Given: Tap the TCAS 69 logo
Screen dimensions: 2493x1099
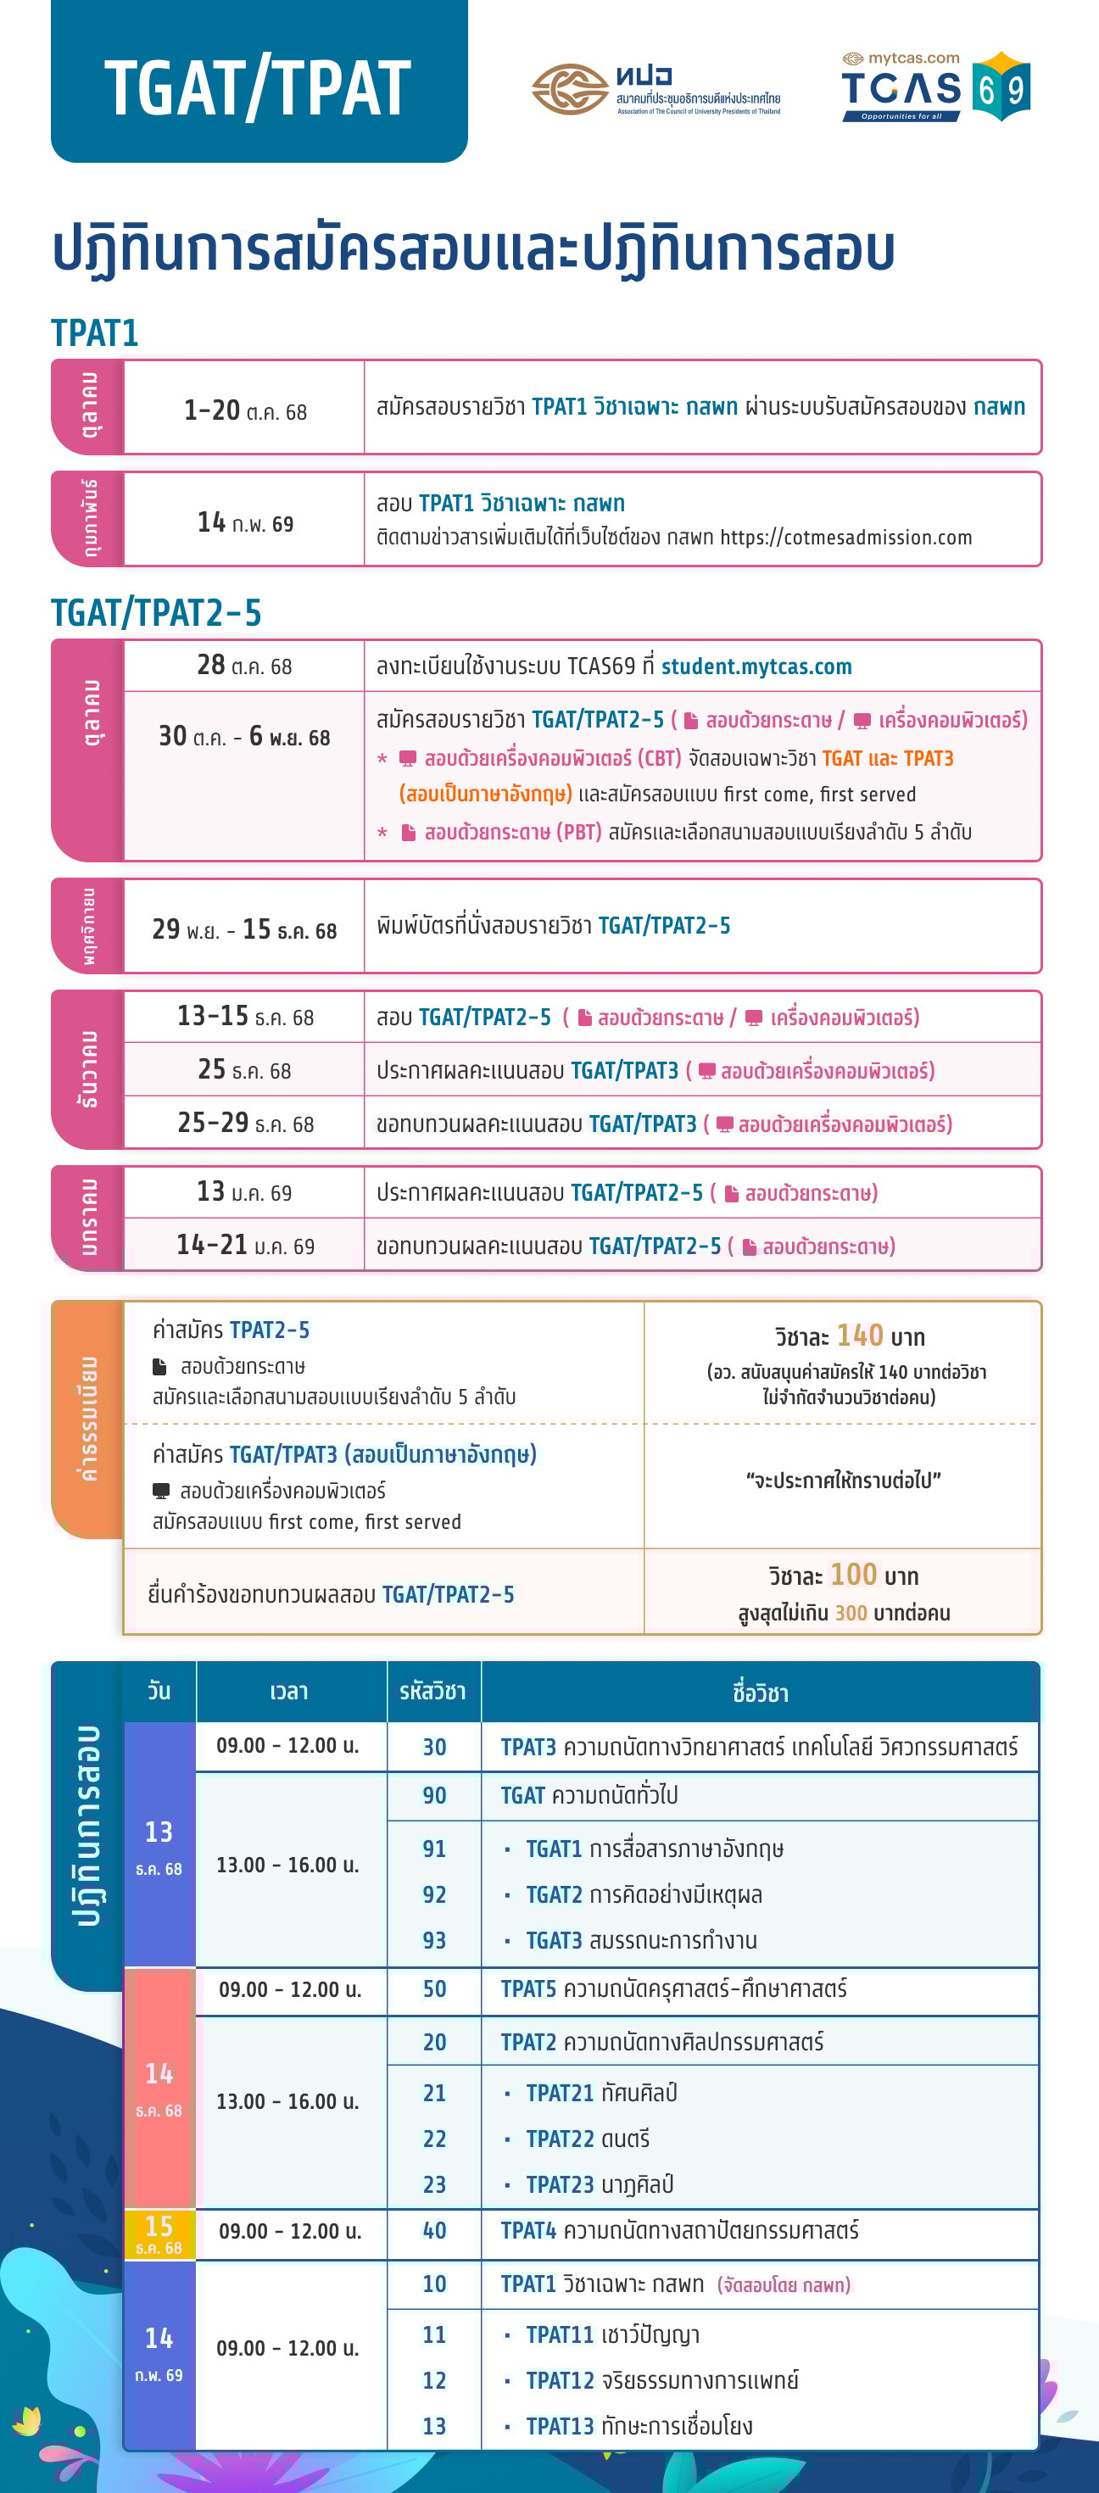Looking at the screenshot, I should coord(934,87).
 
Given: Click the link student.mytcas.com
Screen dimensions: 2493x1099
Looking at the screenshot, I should coord(756,666).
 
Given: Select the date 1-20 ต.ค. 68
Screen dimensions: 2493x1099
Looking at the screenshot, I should coord(245,410).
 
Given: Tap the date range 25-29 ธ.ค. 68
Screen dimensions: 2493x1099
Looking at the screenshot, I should coord(245,1124).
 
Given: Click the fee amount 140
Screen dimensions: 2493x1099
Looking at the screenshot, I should coord(859,1336).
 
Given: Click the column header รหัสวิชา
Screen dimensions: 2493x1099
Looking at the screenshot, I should coord(432,1692).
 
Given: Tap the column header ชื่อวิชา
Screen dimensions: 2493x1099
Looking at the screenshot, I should coord(760,1693).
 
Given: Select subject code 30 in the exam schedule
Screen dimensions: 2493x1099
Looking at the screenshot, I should coord(434,1747).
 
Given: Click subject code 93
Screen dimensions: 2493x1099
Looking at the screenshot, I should coord(434,1940).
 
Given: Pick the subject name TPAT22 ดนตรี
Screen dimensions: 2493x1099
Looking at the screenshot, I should coord(587,2139).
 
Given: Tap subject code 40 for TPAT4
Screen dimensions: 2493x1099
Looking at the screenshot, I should coord(434,2231).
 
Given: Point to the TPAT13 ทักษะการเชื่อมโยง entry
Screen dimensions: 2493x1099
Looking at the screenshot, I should coord(639,2426).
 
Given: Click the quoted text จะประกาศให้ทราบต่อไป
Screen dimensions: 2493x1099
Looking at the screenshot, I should coord(843,1481).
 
